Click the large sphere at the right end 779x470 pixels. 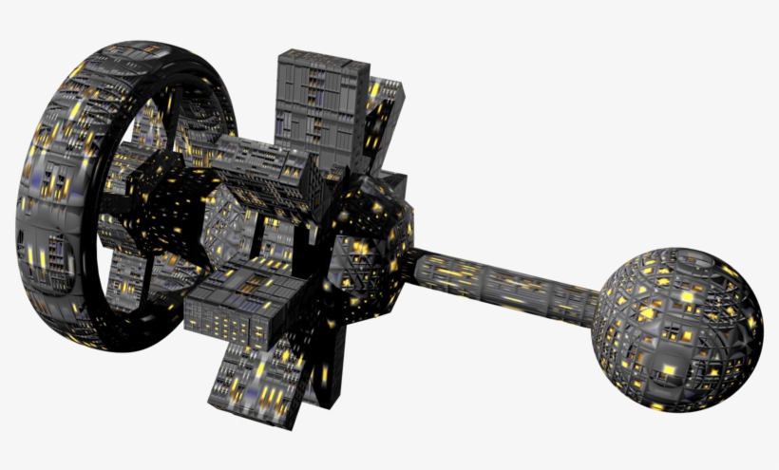tap(678, 328)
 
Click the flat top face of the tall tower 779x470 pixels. tap(323, 57)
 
